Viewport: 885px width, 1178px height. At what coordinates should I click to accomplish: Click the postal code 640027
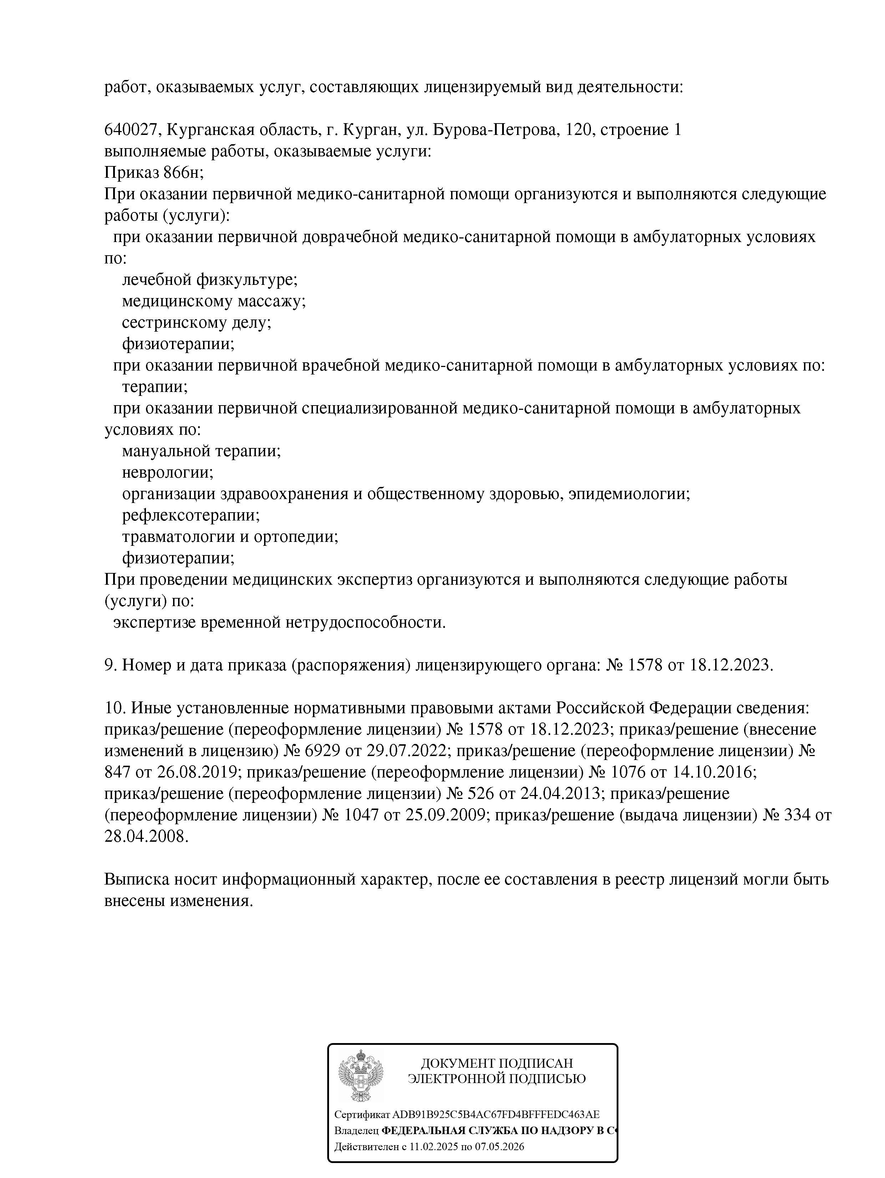[131, 130]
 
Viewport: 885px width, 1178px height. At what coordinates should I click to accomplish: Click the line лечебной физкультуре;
[209, 280]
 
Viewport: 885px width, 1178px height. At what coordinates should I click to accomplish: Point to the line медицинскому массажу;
[213, 301]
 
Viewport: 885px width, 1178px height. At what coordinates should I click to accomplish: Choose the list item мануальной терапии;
[201, 451]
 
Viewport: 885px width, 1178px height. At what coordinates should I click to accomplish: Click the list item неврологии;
[167, 472]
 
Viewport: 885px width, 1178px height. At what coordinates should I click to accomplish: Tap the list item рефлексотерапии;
[191, 515]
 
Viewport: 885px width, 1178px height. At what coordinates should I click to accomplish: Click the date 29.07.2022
[405, 751]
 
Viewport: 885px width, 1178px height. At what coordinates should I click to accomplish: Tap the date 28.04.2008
[146, 836]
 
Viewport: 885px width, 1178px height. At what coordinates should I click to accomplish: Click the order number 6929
[324, 751]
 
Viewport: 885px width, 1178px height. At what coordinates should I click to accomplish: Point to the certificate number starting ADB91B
[495, 1114]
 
